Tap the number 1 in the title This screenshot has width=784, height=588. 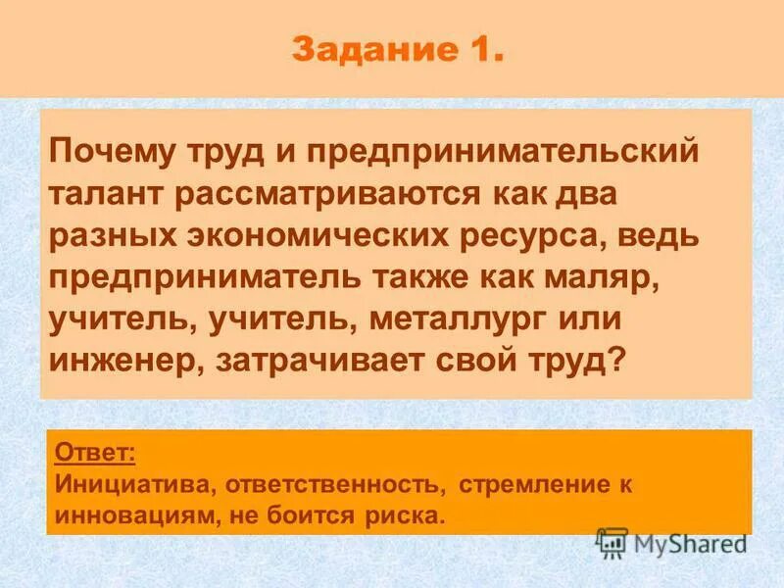click(x=477, y=48)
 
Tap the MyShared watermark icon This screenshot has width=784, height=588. click(x=612, y=542)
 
